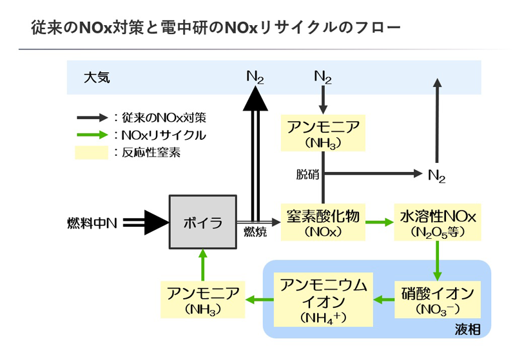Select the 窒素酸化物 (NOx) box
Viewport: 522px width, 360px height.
pos(323,223)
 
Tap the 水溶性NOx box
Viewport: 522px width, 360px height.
pos(438,223)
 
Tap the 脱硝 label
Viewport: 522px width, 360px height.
pos(307,174)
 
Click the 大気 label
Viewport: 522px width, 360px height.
pos(97,77)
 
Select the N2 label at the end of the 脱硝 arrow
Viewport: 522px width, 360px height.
pos(437,175)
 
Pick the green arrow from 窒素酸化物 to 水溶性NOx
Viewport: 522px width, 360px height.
pos(380,223)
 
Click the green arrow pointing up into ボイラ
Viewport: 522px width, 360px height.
pos(202,264)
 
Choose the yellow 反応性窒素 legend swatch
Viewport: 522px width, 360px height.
pos(91,153)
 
